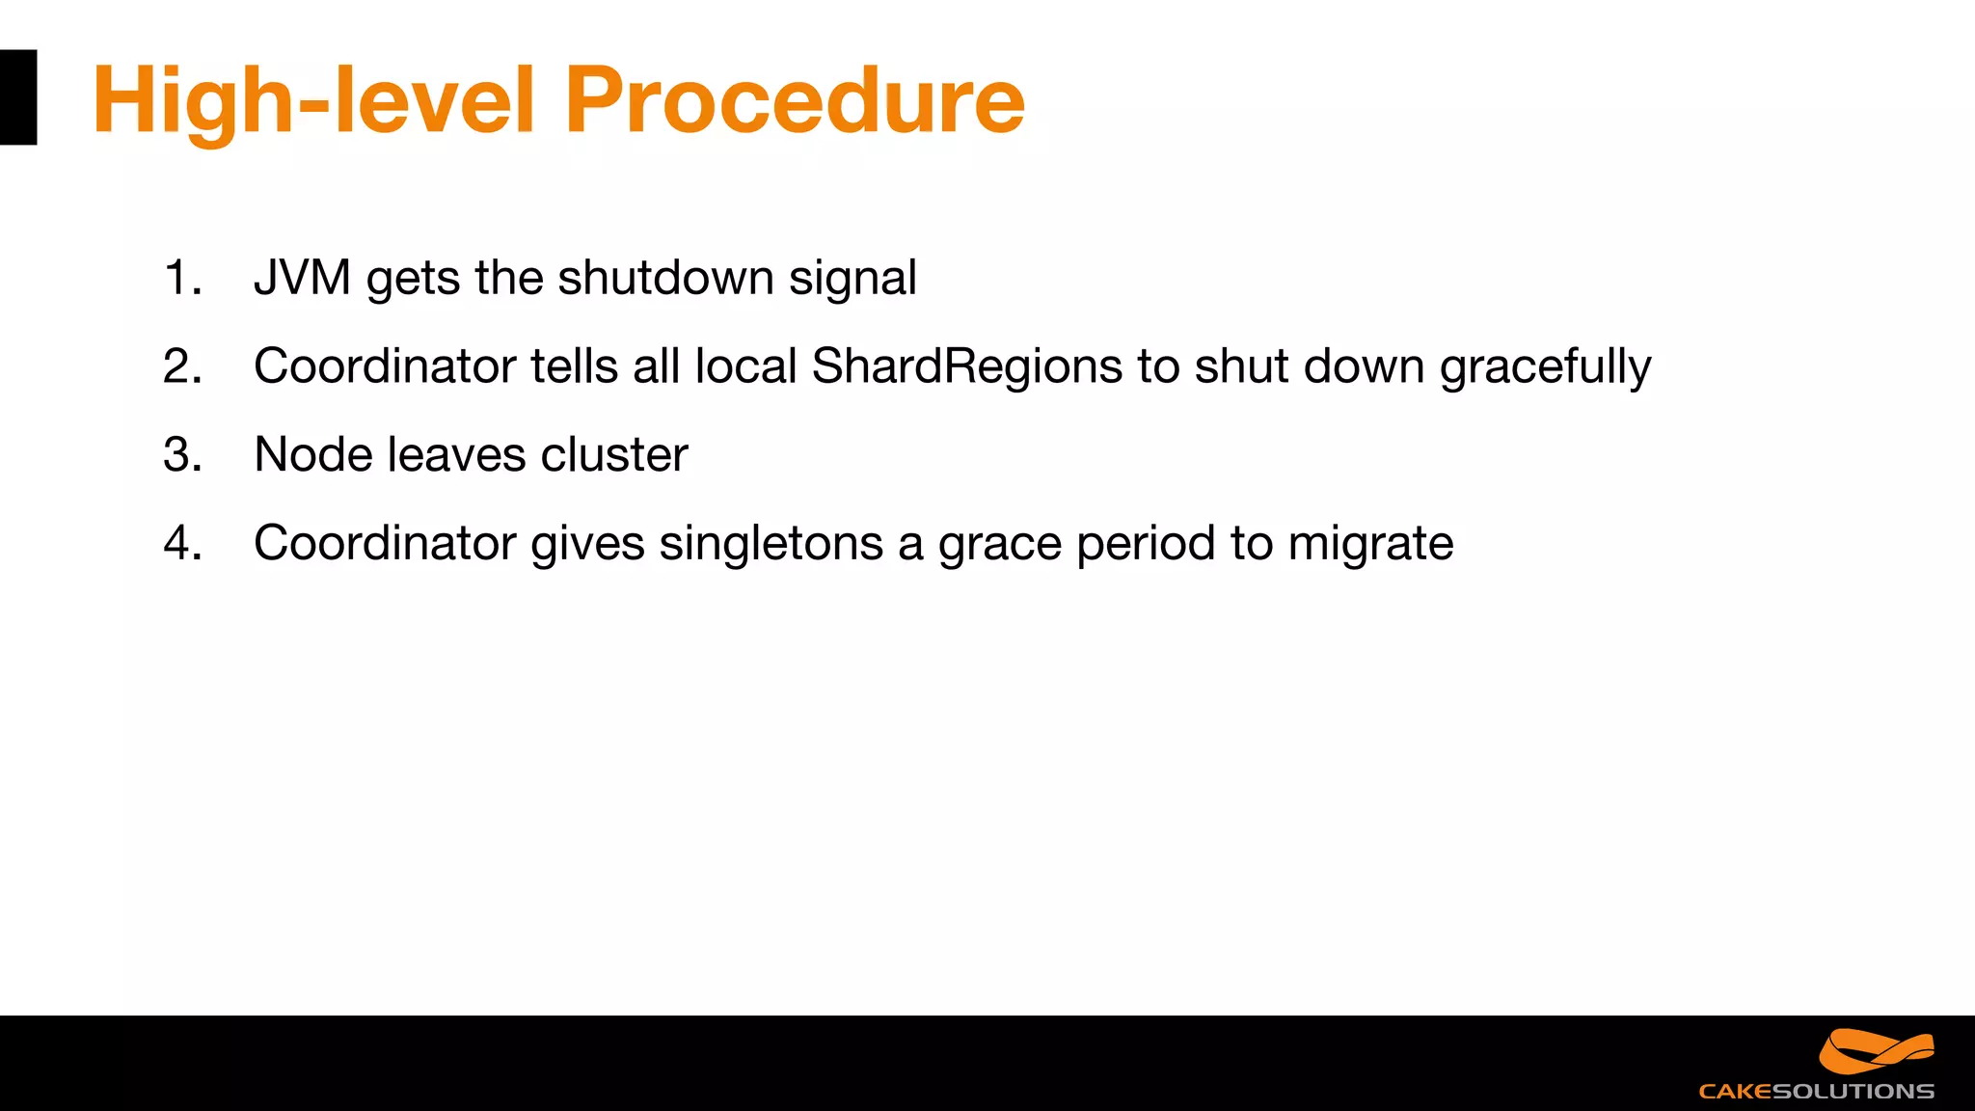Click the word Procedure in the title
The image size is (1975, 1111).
click(x=794, y=100)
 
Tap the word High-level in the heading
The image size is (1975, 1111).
click(x=313, y=100)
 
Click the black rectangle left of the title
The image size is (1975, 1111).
click(x=17, y=97)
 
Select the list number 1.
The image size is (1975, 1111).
click(x=181, y=278)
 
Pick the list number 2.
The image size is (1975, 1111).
click(x=181, y=366)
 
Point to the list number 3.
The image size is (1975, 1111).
click(x=181, y=454)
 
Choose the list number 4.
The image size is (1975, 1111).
click(x=181, y=543)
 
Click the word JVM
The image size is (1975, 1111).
click(x=302, y=278)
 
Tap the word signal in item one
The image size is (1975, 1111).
click(x=852, y=278)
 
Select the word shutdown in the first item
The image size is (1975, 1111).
click(x=665, y=278)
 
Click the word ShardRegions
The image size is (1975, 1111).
click(x=967, y=366)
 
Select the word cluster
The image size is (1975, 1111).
click(x=614, y=454)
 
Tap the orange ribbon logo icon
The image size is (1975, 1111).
click(x=1876, y=1051)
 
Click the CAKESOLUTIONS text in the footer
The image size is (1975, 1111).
click(x=1816, y=1092)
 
